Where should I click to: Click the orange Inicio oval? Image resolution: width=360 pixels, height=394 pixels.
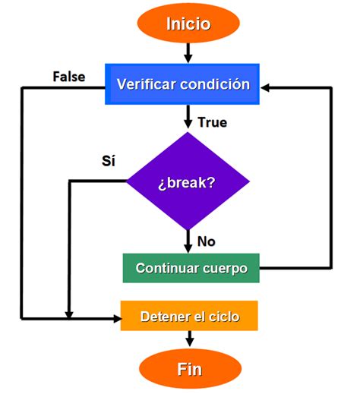188,24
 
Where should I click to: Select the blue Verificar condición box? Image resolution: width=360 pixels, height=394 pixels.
183,84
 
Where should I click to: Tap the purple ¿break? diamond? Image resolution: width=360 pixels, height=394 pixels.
188,183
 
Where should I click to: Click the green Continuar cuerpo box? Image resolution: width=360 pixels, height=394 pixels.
191,268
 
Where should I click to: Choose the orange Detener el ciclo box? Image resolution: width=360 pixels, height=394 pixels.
189,316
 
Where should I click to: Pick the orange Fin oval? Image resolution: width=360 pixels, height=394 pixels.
189,369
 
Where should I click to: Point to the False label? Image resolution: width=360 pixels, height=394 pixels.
68,77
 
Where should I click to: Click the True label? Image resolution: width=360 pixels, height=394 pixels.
212,121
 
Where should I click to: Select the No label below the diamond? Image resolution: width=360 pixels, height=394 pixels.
207,241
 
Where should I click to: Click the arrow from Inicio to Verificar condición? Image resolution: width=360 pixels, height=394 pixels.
188,54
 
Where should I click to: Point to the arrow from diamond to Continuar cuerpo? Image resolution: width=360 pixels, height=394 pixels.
188,241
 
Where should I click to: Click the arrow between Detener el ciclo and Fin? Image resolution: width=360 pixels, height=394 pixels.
188,339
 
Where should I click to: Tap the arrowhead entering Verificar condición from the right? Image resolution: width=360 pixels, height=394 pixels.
267,87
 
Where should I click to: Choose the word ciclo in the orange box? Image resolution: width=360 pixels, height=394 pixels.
224,316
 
